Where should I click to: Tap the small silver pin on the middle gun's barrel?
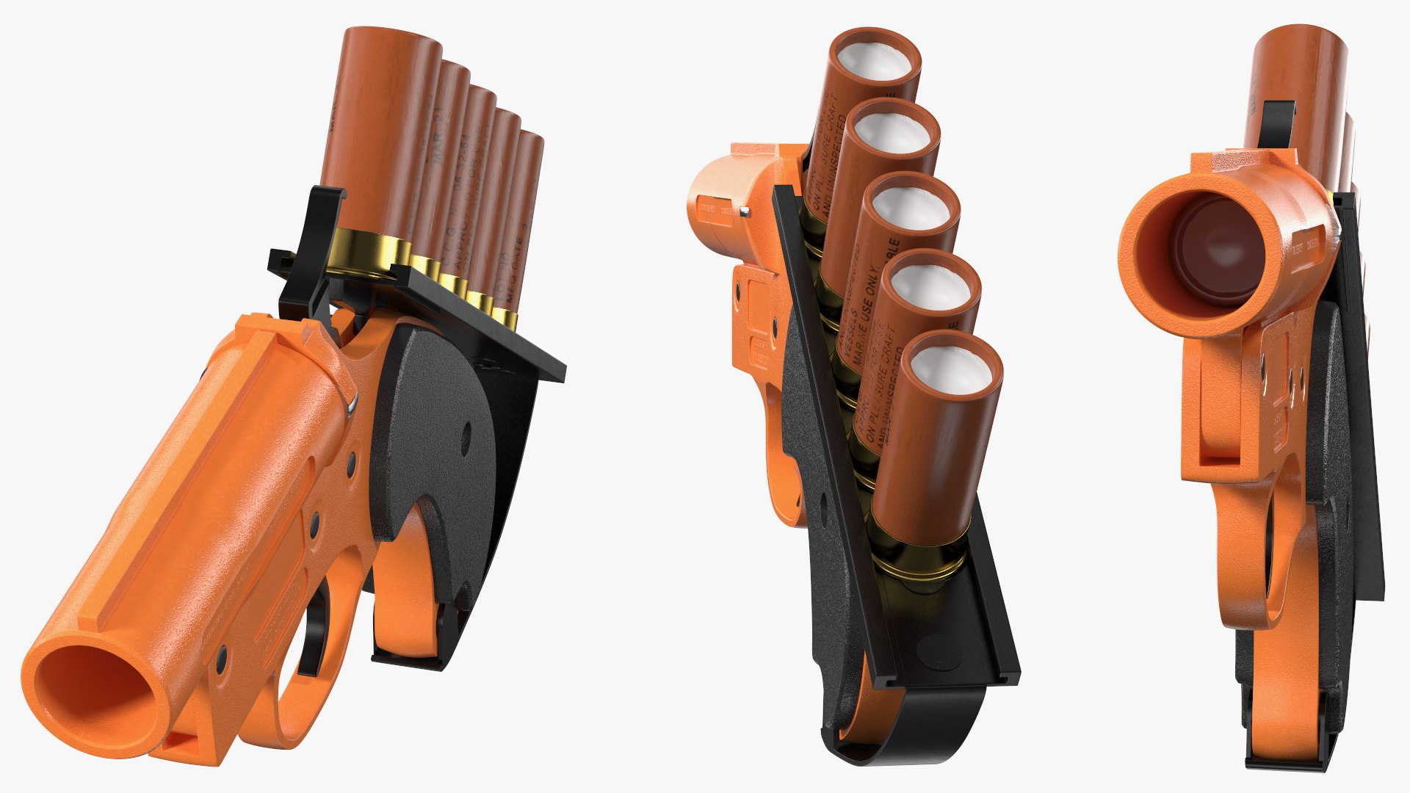tap(745, 213)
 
